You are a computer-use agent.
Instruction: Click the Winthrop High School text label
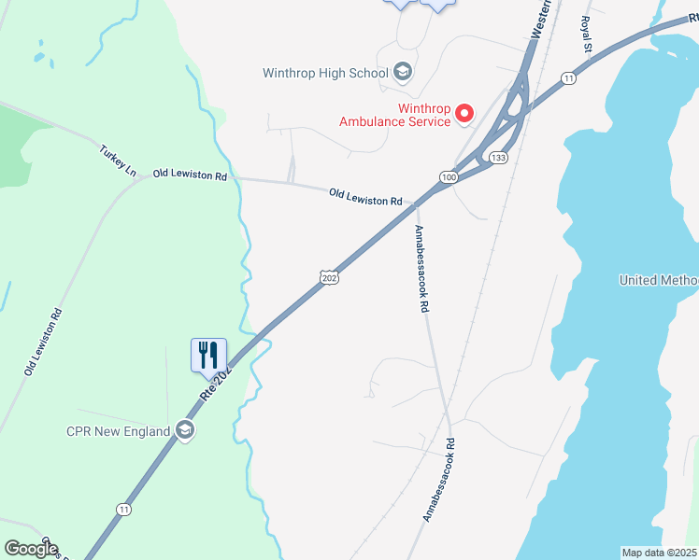click(x=326, y=73)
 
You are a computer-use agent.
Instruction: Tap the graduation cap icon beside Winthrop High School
click(x=403, y=72)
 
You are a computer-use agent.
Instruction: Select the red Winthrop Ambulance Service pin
click(x=465, y=114)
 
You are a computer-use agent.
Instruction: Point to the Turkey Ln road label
click(x=118, y=161)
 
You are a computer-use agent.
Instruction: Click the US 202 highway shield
click(x=328, y=278)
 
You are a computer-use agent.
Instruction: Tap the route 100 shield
click(x=449, y=176)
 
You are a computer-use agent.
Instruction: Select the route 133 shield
click(x=499, y=158)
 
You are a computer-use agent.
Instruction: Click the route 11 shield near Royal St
click(x=568, y=79)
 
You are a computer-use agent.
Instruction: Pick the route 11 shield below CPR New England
click(x=123, y=509)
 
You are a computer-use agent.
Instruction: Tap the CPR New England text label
click(x=118, y=431)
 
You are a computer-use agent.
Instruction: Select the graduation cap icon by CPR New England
click(x=185, y=430)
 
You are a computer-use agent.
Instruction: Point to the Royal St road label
click(x=586, y=34)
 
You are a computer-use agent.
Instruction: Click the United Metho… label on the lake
click(x=659, y=280)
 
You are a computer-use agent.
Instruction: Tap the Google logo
click(x=31, y=549)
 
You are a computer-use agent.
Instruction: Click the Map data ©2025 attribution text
click(x=659, y=553)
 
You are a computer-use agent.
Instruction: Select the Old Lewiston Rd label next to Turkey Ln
click(x=191, y=175)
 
